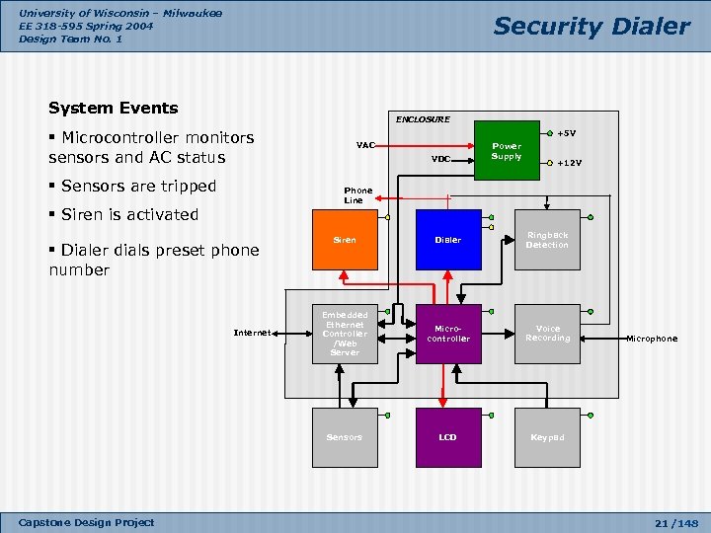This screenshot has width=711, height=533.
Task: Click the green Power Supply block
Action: pos(507,150)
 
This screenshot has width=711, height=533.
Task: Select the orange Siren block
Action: pos(345,240)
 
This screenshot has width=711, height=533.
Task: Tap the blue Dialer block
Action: pos(448,240)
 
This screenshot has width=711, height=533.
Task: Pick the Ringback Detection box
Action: pos(547,240)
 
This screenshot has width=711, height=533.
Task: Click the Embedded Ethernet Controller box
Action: pos(345,334)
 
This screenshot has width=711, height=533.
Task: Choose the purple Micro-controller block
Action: pos(448,334)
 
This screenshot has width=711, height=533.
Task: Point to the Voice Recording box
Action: pos(547,334)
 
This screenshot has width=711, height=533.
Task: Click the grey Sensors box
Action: pos(345,437)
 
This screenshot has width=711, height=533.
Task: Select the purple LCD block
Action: pos(448,437)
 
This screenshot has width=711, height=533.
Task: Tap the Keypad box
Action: pos(547,437)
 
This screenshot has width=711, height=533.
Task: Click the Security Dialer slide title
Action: pos(592,27)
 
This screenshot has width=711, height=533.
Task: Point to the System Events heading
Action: pos(114,109)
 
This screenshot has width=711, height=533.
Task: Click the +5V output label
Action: pos(567,133)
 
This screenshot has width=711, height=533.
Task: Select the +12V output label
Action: pos(570,163)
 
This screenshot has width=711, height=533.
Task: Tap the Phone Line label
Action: pos(357,195)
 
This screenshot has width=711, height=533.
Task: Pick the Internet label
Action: pos(252,333)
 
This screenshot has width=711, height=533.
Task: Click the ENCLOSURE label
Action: pos(423,119)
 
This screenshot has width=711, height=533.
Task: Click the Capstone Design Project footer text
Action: pos(87,522)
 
